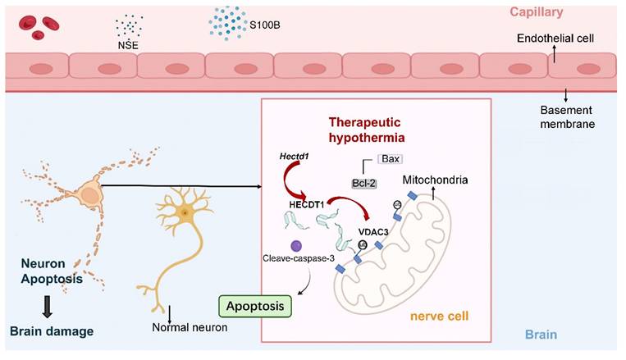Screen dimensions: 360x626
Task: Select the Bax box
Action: click(x=390, y=158)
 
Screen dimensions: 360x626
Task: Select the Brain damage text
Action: click(x=51, y=331)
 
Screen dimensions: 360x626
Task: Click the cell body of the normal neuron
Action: click(x=185, y=213)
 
